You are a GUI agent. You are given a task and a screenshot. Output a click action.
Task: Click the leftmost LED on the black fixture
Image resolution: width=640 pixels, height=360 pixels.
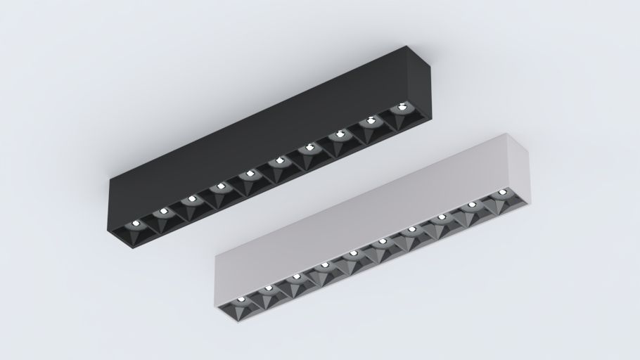[135, 223]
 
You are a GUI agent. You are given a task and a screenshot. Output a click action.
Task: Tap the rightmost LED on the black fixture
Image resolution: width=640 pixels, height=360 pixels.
[402, 108]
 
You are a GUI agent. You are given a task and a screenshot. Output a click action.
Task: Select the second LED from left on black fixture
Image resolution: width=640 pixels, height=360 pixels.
[162, 211]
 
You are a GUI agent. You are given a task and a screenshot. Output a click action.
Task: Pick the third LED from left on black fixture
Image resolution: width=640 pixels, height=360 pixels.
[191, 199]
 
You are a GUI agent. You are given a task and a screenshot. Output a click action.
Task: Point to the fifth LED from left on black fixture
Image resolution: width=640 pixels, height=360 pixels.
[250, 174]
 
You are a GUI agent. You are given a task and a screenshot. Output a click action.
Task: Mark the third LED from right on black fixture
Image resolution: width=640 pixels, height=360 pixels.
[340, 134]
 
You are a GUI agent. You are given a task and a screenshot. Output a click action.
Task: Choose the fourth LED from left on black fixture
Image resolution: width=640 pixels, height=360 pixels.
[220, 186]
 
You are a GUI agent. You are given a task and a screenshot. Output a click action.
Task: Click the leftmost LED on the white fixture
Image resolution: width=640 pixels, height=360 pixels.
[241, 299]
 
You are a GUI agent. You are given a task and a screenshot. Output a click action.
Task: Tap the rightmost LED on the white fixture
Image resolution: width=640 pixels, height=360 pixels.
[502, 192]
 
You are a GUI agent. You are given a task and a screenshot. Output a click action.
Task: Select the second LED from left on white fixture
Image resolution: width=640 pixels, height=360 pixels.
[268, 288]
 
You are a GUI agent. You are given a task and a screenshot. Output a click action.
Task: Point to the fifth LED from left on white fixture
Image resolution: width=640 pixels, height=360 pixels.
[353, 253]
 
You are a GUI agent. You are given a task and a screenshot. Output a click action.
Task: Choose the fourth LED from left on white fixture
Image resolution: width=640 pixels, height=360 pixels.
[324, 265]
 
